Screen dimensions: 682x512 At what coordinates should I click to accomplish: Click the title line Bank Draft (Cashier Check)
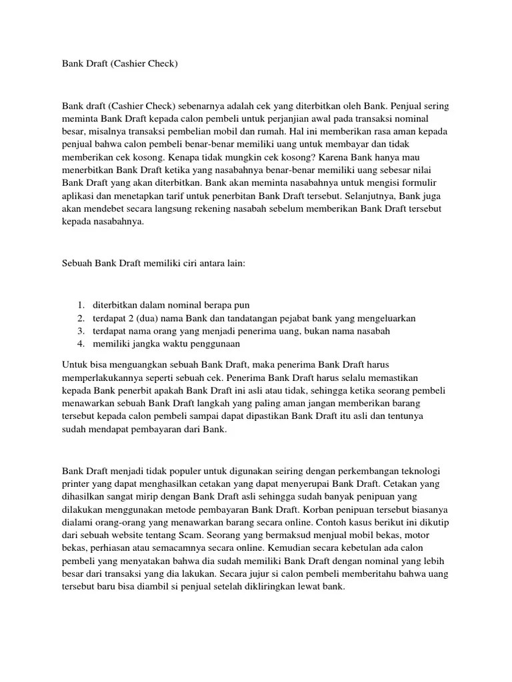point(120,64)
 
